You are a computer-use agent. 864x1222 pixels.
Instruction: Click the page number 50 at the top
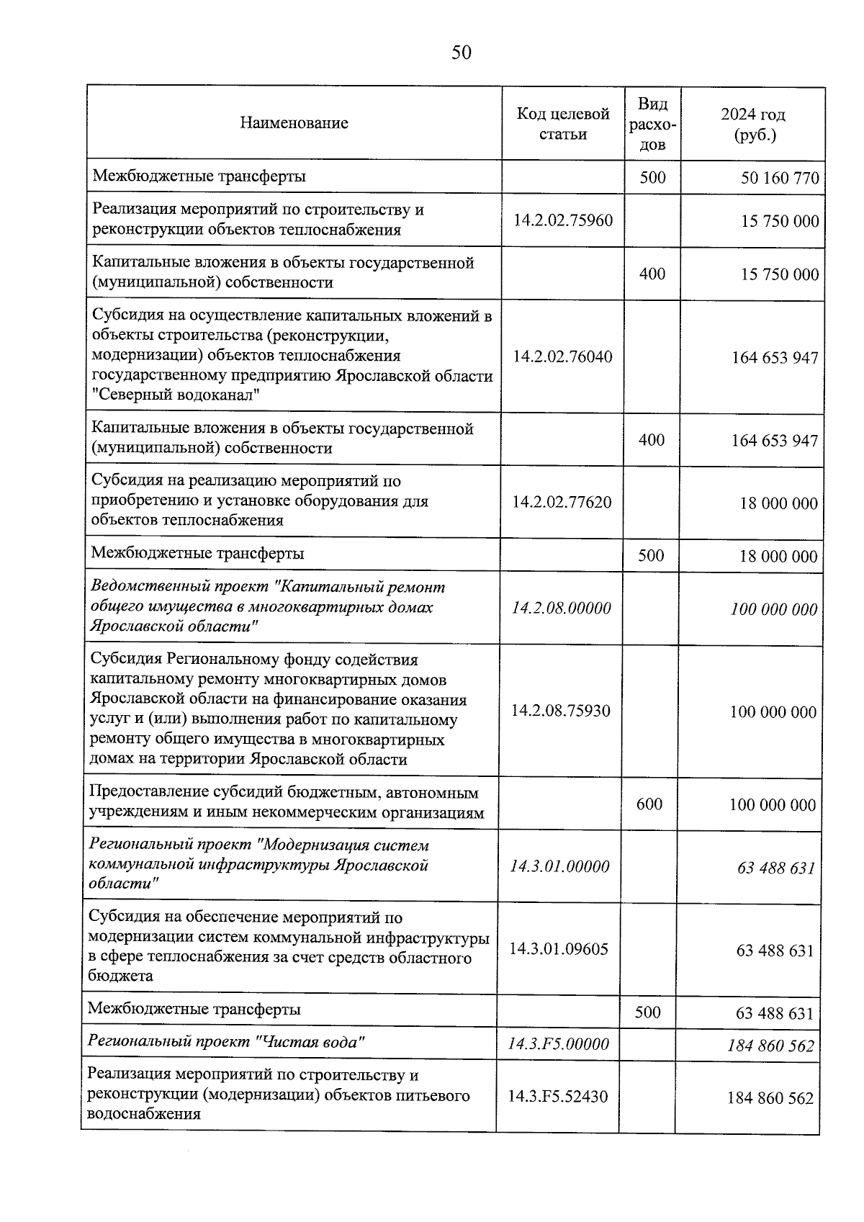click(x=462, y=53)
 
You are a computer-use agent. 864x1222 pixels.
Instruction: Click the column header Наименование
click(x=294, y=123)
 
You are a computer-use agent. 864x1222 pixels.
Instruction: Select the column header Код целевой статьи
click(x=563, y=124)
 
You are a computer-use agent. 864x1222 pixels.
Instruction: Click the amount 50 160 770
click(x=780, y=178)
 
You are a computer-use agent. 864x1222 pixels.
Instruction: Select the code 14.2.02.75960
click(x=563, y=220)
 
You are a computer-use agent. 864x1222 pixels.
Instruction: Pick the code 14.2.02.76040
click(x=562, y=356)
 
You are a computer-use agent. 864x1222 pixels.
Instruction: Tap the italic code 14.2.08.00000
click(x=561, y=608)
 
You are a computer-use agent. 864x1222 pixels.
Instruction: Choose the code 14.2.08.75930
click(x=560, y=711)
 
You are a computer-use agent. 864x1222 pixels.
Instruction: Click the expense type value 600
click(x=649, y=804)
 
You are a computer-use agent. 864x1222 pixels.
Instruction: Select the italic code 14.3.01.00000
click(x=559, y=866)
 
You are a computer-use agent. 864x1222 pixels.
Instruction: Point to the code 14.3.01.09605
click(x=559, y=949)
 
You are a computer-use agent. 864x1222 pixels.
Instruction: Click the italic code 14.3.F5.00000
click(x=558, y=1043)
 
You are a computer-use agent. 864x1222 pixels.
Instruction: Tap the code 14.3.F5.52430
click(x=557, y=1097)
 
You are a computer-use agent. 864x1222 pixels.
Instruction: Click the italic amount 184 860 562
click(x=770, y=1046)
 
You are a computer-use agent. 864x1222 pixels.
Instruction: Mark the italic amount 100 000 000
click(x=774, y=610)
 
